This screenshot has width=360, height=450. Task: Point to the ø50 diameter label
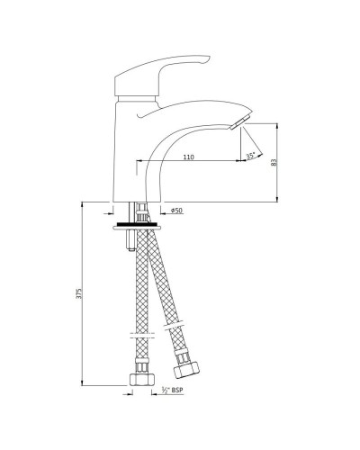tap(177, 211)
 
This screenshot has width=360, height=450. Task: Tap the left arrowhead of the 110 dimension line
tap(139, 162)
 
